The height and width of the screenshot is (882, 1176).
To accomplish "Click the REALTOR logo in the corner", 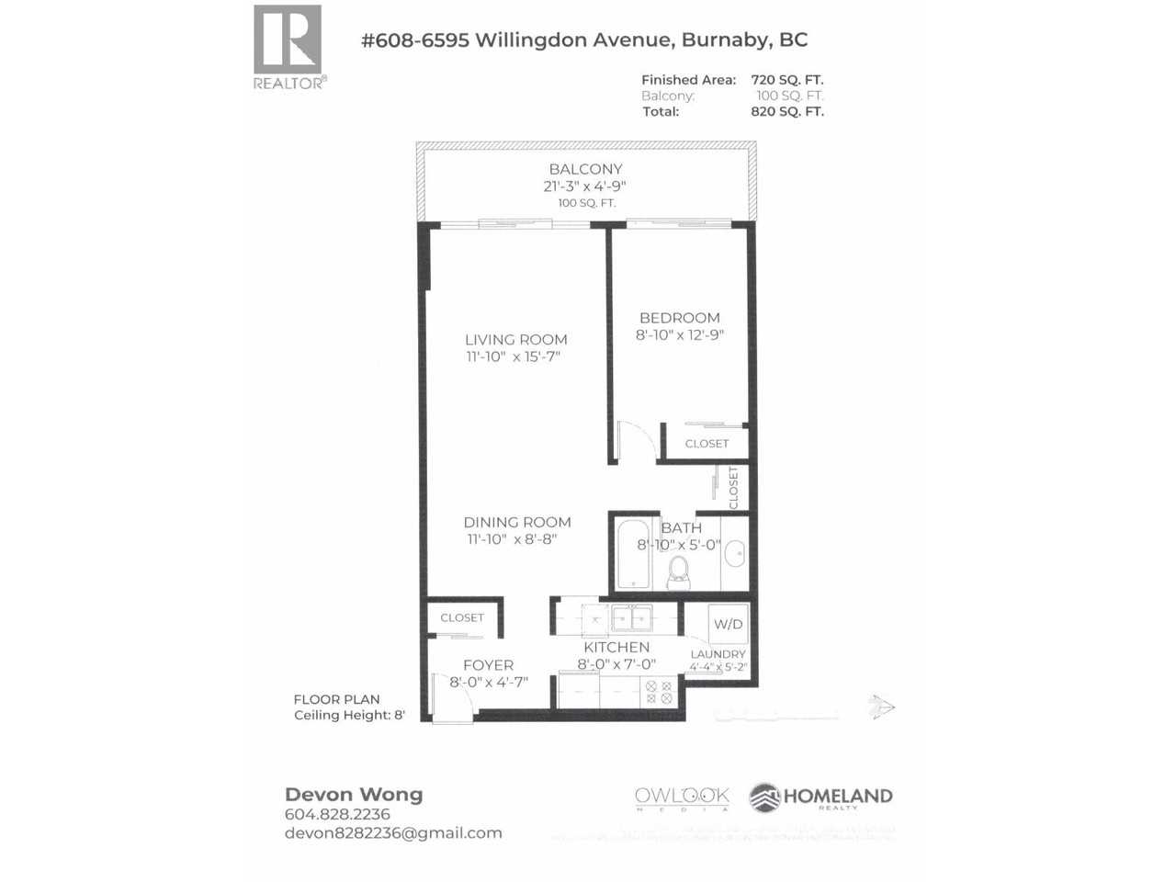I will [288, 46].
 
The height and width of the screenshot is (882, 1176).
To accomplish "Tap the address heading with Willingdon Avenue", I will [584, 40].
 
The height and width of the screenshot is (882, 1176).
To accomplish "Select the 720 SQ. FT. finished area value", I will [787, 80].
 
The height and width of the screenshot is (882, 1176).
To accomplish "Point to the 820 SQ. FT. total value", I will [787, 111].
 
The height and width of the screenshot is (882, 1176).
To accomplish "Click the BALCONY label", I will [585, 169].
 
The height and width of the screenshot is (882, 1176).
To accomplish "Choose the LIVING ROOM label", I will [515, 340].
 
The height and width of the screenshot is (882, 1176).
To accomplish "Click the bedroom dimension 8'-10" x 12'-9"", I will [680, 335].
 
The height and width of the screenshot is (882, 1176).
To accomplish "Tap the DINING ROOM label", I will [516, 522].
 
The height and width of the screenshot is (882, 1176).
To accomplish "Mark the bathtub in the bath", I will [631, 554].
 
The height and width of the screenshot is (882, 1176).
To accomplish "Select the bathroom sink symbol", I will [735, 554].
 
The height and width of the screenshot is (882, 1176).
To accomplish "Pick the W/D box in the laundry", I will [729, 624].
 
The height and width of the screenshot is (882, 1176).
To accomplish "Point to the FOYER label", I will [488, 665].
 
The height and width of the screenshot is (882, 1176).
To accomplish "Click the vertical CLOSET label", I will [733, 487].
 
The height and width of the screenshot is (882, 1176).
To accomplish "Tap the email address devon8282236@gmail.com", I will [393, 833].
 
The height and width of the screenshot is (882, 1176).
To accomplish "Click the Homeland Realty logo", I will [820, 797].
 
